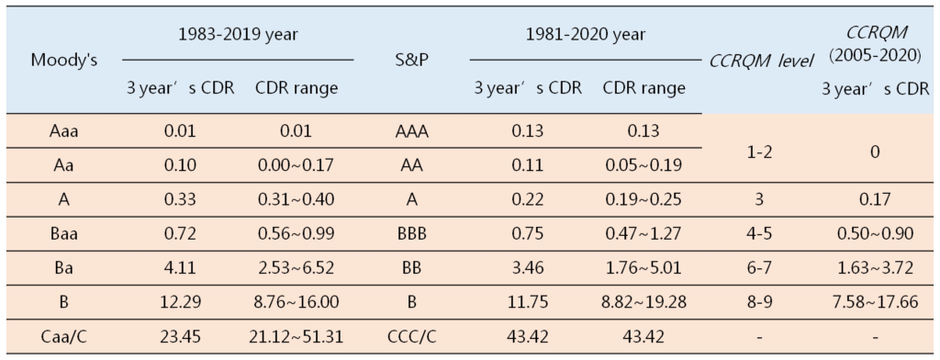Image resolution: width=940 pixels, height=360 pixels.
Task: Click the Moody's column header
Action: click(63, 61)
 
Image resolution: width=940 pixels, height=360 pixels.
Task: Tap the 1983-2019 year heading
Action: click(236, 35)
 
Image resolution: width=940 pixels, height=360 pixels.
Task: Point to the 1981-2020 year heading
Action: click(585, 35)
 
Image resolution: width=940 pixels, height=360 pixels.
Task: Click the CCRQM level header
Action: click(761, 62)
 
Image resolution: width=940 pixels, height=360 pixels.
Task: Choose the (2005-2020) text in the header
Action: click(874, 56)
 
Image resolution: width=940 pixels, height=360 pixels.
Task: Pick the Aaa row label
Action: click(63, 130)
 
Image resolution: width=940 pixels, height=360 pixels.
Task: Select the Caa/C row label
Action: click(63, 335)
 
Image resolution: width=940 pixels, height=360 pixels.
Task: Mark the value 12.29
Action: click(181, 301)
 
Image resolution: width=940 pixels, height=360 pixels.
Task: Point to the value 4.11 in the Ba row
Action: click(181, 267)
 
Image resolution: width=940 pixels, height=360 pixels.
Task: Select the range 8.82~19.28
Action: click(643, 301)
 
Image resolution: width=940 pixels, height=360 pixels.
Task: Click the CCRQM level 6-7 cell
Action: click(761, 267)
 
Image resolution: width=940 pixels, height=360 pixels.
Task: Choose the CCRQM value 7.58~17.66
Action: click(874, 301)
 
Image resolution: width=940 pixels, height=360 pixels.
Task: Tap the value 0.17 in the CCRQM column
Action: click(874, 199)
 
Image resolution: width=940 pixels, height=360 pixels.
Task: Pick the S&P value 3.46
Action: click(527, 267)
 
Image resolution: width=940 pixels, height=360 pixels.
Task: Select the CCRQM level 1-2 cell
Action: click(761, 149)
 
